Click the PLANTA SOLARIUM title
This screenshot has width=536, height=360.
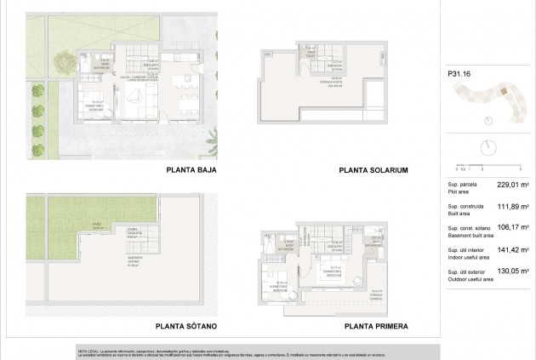373,171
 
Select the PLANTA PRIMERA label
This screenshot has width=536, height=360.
377,326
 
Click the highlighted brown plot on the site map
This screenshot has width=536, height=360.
503,91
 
